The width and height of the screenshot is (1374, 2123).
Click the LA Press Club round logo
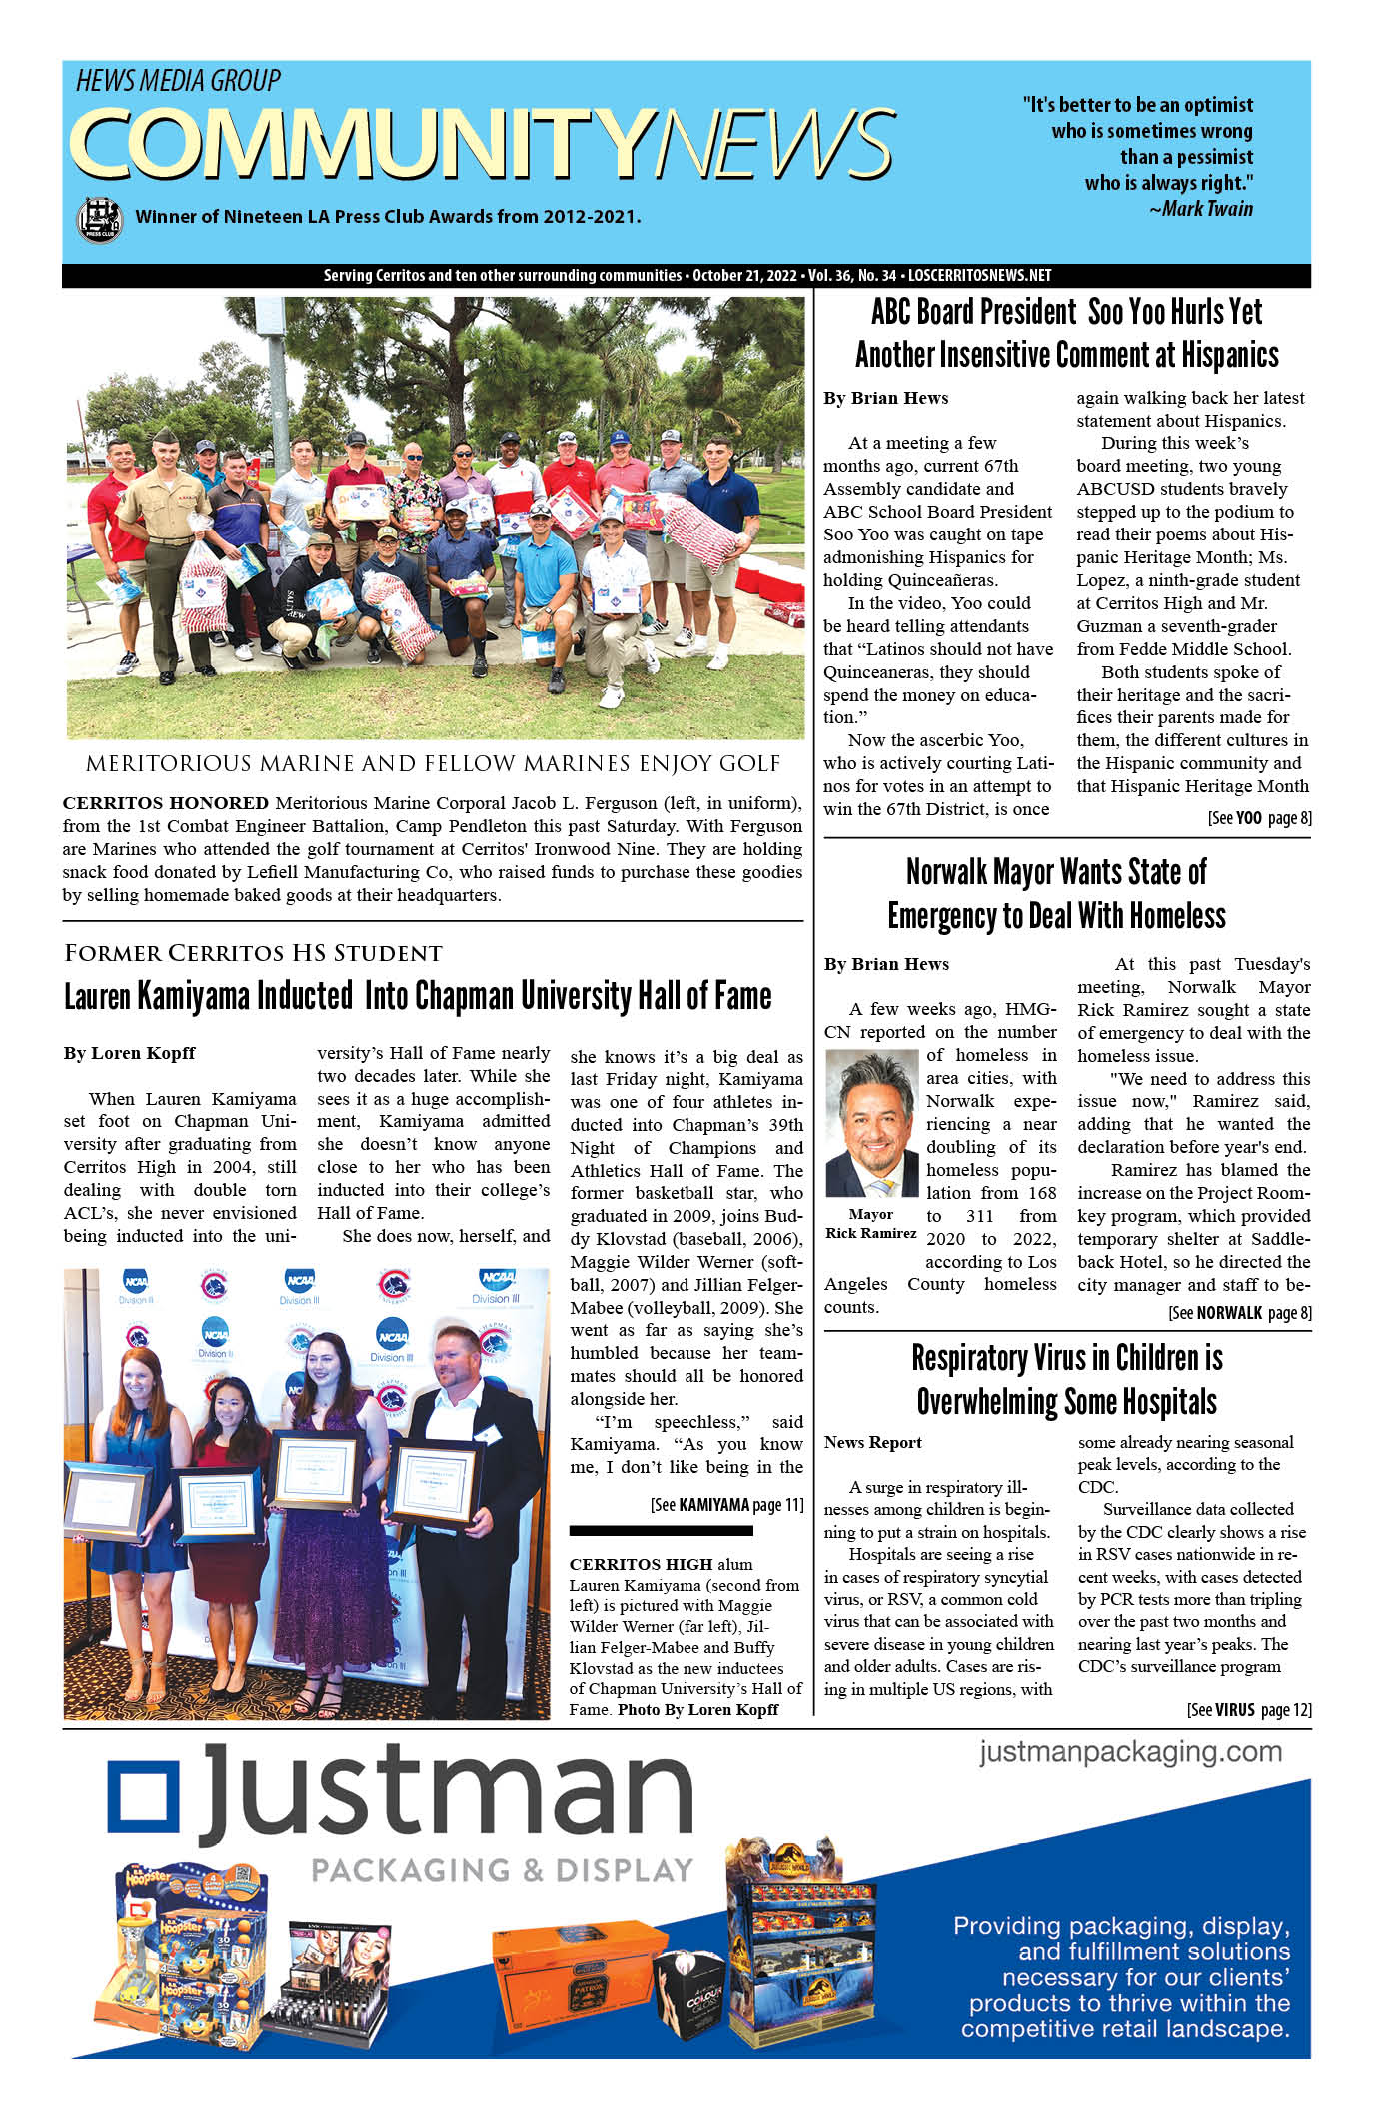coord(99,219)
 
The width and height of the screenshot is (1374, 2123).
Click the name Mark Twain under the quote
coord(1207,209)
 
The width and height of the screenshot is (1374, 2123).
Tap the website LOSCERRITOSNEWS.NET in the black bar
coord(979,276)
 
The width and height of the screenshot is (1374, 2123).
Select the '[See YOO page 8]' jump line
coord(1259,818)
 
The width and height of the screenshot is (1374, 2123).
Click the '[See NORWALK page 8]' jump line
coord(1239,1312)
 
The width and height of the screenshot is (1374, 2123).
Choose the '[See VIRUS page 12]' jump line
coord(1249,1709)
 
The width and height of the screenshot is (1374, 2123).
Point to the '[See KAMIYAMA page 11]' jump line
coord(726,1504)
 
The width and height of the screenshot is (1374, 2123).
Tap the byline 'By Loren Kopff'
coord(130,1053)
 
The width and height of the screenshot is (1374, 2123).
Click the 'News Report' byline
coord(872,1442)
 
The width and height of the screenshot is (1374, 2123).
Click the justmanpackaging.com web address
coord(1130,1752)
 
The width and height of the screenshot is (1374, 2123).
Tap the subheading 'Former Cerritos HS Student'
coord(253,953)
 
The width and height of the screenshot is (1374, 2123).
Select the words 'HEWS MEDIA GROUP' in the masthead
coord(178,81)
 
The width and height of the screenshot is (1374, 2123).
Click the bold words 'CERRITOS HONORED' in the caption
coord(165,803)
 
